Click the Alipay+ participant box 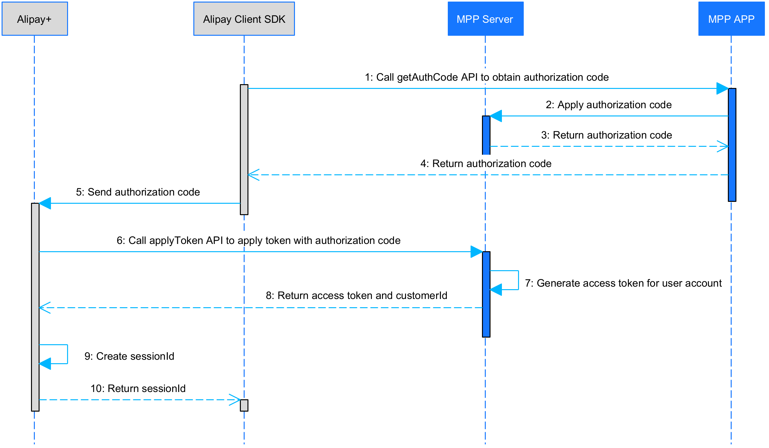point(34,19)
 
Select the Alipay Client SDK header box point(244,19)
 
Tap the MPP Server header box point(485,19)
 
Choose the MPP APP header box point(731,19)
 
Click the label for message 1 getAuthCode point(486,77)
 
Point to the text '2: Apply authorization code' point(608,105)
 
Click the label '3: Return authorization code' point(606,135)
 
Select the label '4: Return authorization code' point(486,164)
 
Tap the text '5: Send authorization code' point(138,192)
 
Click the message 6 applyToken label point(258,240)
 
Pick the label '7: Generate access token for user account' point(623,283)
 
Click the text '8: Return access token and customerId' point(356,296)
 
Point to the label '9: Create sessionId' point(129,356)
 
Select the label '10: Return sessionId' point(138,389)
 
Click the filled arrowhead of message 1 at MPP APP point(722,89)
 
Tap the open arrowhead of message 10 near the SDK point(235,400)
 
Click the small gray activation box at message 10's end point(244,405)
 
